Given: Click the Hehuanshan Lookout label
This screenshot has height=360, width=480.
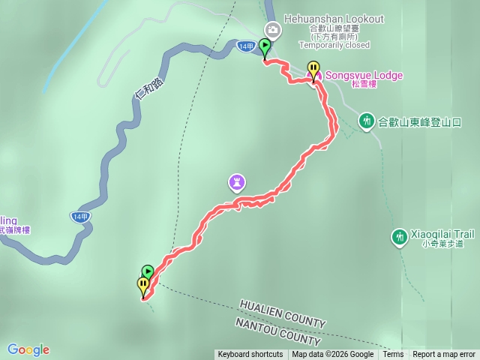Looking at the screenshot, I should pos(334,18).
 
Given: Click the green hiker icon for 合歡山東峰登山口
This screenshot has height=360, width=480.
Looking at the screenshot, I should pos(366,120).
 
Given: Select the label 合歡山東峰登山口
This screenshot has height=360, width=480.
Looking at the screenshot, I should pos(419,121).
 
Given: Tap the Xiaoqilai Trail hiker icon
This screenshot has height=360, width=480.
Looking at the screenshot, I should pos(399,237).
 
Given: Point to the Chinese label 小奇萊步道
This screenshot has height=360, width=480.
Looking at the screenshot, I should pos(442,244).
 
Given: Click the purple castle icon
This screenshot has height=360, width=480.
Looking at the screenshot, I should pos(237,181).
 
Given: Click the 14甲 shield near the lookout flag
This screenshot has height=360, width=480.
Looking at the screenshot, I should pos(245,46).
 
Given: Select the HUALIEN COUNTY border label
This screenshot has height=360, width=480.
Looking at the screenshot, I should pos(283,313).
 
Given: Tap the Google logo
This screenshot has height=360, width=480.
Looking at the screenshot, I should pos(28,349).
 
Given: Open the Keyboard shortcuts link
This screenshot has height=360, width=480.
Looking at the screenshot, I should pos(250,355).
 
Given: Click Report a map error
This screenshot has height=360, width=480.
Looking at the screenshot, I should pos(444,355).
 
